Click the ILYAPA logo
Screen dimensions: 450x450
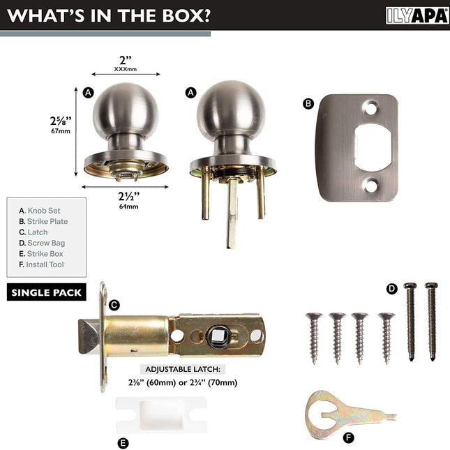tap(417, 15)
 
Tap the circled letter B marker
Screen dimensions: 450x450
tap(308, 103)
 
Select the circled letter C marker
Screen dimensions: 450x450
tap(114, 305)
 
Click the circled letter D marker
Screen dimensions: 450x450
tap(391, 289)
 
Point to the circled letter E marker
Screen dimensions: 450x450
tap(123, 443)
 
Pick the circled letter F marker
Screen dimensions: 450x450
tap(348, 438)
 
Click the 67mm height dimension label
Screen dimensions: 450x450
tap(61, 131)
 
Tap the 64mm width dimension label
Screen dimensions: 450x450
tap(128, 207)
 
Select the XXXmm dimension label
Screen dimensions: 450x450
tap(126, 69)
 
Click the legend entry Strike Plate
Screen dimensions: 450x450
tap(43, 221)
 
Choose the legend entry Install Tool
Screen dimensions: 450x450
tap(41, 264)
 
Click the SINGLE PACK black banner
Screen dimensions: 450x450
tap(47, 292)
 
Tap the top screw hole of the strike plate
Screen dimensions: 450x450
tap(370, 108)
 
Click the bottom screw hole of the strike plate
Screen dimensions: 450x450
tap(370, 186)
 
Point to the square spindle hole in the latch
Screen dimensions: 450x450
tap(218, 336)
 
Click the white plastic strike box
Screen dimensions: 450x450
tap(161, 415)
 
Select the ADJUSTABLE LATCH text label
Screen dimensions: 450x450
tap(183, 369)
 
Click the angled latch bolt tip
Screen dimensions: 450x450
tap(89, 336)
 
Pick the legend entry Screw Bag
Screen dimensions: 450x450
tap(42, 243)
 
